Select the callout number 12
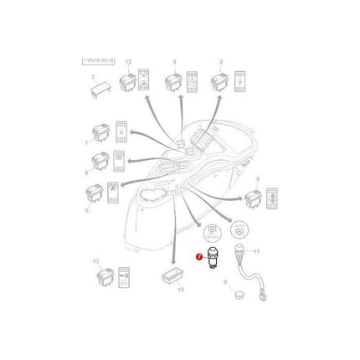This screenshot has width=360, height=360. (128, 64)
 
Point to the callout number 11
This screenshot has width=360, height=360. (257, 251)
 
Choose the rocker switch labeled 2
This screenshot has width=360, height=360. (220, 83)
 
